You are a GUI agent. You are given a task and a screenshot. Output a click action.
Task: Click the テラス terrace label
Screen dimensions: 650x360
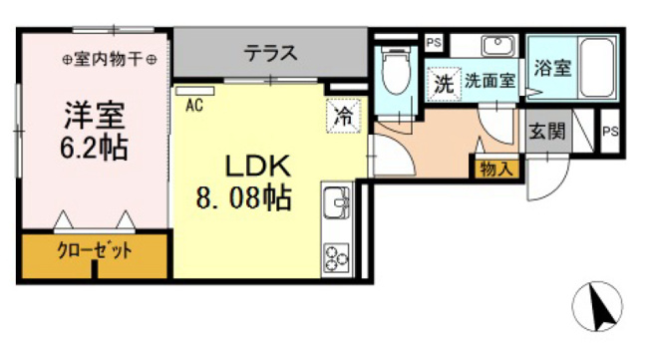270,53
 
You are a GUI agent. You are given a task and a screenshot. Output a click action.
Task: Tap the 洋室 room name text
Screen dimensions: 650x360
95,115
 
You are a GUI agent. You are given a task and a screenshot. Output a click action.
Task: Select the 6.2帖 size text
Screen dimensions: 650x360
94,147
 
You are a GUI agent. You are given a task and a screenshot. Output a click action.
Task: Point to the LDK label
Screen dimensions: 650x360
257,166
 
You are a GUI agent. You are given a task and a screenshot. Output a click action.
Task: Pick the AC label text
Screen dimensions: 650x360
194,106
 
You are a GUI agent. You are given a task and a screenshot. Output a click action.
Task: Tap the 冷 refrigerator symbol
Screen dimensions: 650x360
343,116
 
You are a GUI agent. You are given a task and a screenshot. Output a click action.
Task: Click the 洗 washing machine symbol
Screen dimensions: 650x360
444,84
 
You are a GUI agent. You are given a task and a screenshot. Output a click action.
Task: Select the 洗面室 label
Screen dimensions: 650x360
489,81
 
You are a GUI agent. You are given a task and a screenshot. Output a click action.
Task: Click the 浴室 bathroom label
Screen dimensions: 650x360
552,68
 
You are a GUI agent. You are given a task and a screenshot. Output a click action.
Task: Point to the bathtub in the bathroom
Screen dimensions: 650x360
596,68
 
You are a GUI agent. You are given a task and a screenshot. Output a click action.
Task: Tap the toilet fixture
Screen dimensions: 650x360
397,69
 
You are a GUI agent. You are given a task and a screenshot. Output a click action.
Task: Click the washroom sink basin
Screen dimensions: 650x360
497,45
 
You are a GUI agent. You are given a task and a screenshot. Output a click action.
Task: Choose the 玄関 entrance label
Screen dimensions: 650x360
547,132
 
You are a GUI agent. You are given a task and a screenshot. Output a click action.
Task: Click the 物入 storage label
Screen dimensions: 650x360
495,169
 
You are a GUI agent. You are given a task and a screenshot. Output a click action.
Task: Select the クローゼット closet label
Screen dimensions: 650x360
95,250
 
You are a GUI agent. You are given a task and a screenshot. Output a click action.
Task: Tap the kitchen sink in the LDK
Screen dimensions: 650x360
337,202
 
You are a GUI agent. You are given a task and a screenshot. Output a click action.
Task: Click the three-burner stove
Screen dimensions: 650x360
337,258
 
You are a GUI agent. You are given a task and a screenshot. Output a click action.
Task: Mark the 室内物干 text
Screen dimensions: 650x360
109,59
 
